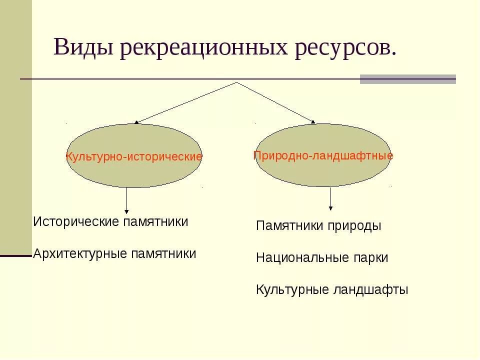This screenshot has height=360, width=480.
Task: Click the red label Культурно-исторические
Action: pyautogui.click(x=134, y=156)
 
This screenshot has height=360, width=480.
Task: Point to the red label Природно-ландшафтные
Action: pyautogui.click(x=323, y=155)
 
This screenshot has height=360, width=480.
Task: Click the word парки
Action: pyautogui.click(x=368, y=258)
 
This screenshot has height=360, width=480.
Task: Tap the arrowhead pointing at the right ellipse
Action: pyautogui.click(x=313, y=121)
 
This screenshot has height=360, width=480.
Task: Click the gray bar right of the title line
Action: pyautogui.click(x=407, y=79)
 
